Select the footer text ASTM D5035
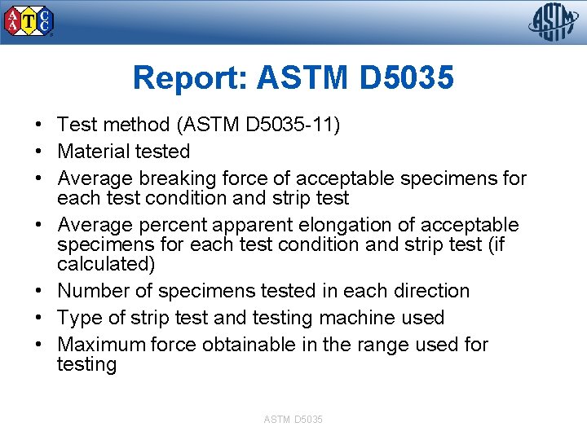tap(293, 419)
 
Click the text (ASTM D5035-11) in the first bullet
tap(258, 125)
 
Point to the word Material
tap(91, 152)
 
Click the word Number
tap(92, 291)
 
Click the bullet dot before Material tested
tap(38, 152)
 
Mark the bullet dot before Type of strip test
tap(38, 318)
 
